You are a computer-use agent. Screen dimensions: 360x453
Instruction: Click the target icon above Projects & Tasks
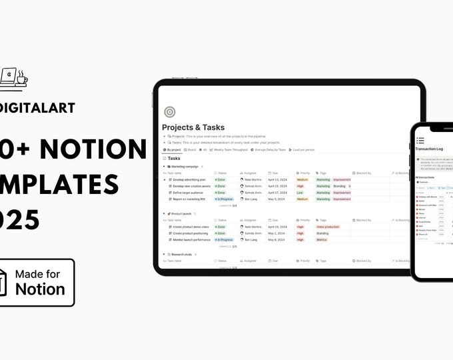[x=169, y=112]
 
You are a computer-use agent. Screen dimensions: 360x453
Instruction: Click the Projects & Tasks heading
[x=193, y=127]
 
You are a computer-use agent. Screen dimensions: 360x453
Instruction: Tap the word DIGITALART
[x=37, y=107]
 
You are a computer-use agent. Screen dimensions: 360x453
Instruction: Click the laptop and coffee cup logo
[x=13, y=78]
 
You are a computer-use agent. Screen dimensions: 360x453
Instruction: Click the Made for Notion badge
[x=37, y=282]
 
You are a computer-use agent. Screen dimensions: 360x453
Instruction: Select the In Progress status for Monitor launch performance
[x=224, y=239]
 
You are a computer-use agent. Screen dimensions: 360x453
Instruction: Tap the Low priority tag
[x=300, y=193]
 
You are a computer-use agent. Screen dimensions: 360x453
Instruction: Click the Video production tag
[x=327, y=227]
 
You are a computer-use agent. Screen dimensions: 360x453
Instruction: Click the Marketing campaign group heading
[x=184, y=166]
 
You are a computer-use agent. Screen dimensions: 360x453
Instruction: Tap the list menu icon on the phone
[x=420, y=140]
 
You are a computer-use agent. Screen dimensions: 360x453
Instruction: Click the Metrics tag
[x=322, y=239]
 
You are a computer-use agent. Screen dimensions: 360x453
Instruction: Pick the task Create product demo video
[x=191, y=227]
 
